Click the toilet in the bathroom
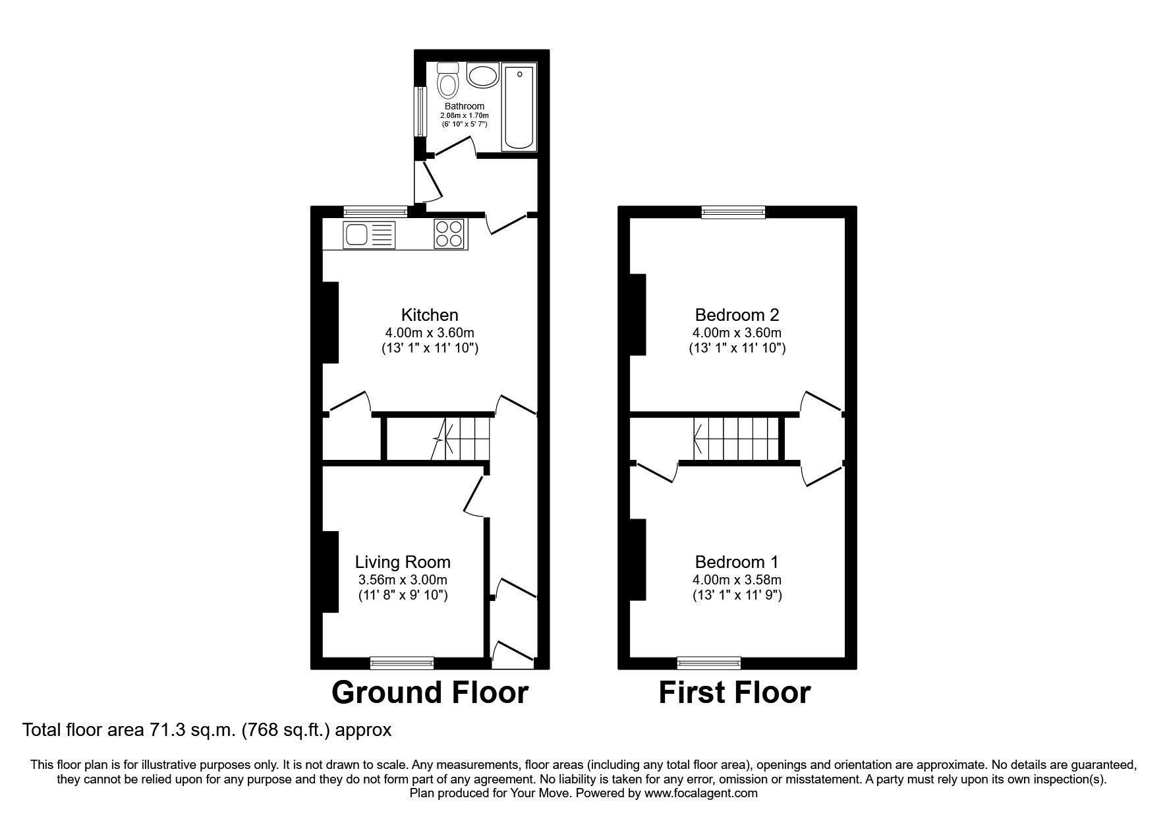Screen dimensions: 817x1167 [448, 80]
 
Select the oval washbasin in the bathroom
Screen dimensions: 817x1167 [484, 75]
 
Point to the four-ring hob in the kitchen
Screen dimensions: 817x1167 [449, 234]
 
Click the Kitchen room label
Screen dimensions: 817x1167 [430, 315]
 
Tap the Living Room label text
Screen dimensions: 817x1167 [403, 562]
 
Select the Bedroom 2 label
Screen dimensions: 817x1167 [737, 315]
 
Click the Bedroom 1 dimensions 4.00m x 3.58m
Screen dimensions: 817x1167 [737, 580]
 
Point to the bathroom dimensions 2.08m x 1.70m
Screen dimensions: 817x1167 [464, 115]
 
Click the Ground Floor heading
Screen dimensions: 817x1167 [430, 692]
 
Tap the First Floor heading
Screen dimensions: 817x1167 [734, 692]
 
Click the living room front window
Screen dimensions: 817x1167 [402, 662]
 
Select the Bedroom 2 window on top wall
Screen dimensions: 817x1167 [733, 211]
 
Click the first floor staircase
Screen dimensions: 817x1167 [737, 439]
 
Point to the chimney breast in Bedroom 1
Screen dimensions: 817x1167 [638, 560]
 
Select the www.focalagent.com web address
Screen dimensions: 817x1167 [700, 793]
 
